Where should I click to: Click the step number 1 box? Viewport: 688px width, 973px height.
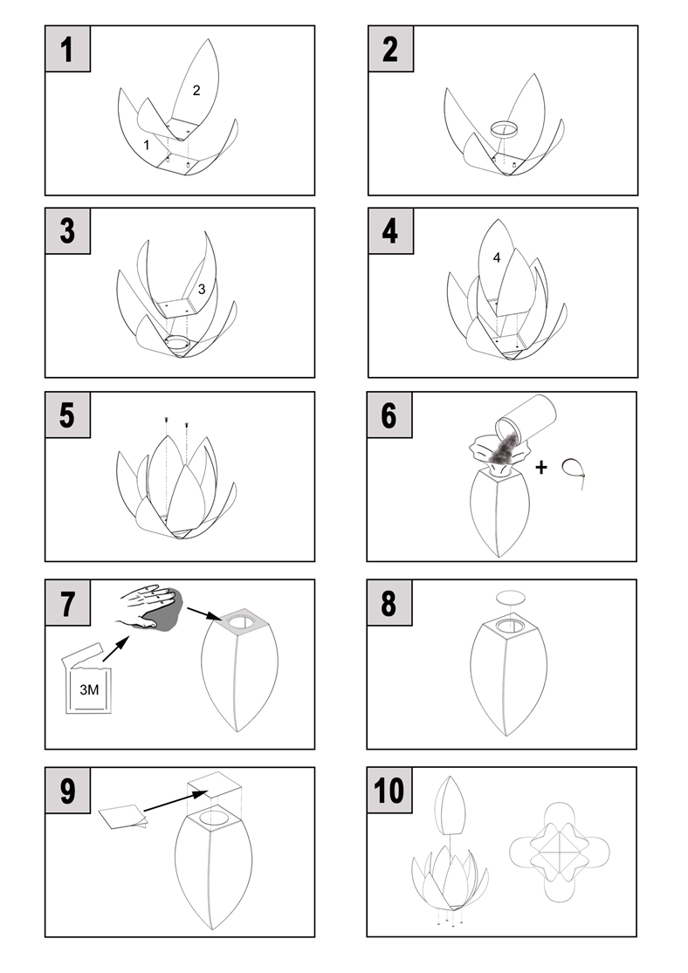click(x=68, y=49)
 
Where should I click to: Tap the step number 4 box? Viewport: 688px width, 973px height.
click(x=390, y=231)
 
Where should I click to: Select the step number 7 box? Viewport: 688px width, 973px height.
click(x=68, y=602)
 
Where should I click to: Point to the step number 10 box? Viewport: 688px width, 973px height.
click(x=389, y=790)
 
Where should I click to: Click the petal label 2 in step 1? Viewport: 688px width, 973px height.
click(x=196, y=91)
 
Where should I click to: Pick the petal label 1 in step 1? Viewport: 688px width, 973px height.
click(x=147, y=145)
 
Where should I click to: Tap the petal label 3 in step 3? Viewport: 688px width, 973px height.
click(x=202, y=289)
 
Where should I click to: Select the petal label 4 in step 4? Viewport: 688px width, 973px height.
click(x=496, y=257)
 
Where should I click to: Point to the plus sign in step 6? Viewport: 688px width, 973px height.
click(x=541, y=467)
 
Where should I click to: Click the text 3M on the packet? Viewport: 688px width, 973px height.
click(x=89, y=689)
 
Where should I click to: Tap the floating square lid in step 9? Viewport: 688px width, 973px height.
click(x=214, y=786)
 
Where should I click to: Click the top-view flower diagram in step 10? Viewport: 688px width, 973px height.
click(x=560, y=852)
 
